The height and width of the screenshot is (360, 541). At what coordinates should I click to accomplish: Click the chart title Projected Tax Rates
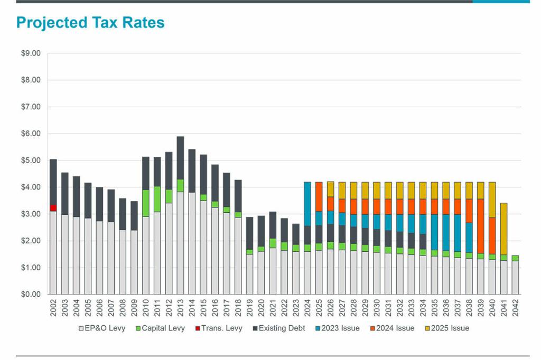click(x=90, y=23)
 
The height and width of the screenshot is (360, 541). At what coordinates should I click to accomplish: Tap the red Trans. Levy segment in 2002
click(x=53, y=208)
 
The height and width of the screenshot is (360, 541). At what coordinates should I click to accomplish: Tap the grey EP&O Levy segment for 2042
click(x=516, y=278)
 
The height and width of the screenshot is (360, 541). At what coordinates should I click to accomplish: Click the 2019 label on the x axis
click(x=250, y=307)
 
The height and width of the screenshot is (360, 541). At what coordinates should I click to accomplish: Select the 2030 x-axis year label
click(x=377, y=307)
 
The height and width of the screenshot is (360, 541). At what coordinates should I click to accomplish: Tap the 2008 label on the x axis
click(x=123, y=307)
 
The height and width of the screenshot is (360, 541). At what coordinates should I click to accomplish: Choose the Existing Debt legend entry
click(x=282, y=328)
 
